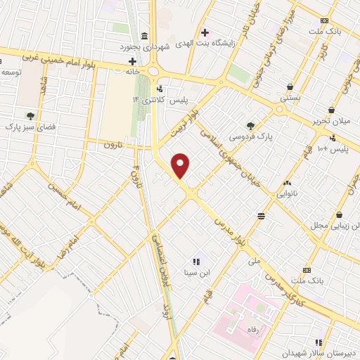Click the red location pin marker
point(181,166)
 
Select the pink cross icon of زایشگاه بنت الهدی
point(205,32)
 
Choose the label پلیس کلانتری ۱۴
point(151,101)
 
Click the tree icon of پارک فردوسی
point(251,125)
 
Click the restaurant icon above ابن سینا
point(196,262)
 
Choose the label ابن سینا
point(196,274)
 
